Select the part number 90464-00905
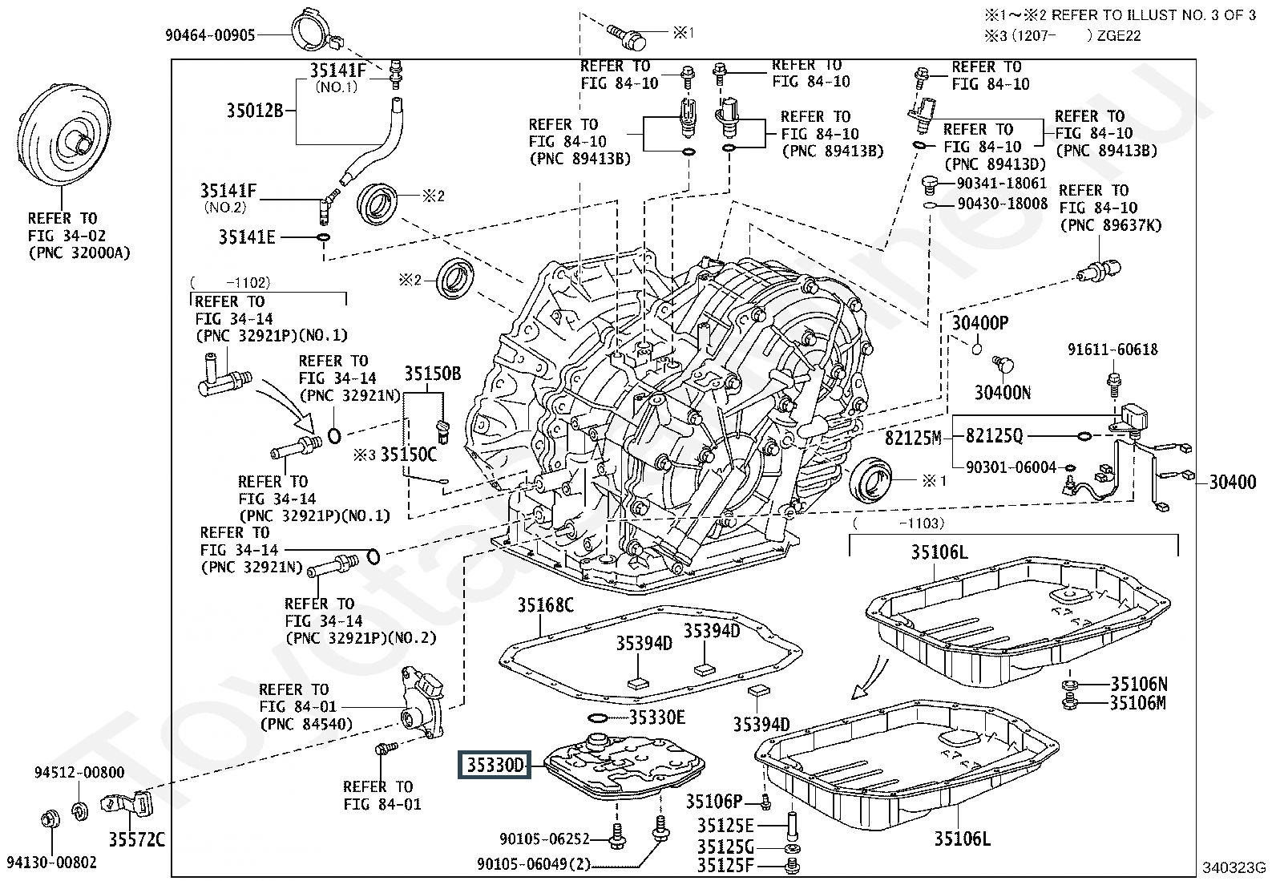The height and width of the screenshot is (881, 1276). tap(210, 35)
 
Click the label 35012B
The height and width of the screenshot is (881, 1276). tap(254, 110)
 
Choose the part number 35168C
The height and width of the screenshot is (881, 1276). tap(545, 605)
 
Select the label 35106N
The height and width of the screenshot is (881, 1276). tap(1139, 684)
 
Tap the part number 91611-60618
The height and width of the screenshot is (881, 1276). tap(1112, 350)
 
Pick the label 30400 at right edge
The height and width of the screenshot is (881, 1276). tap(1232, 483)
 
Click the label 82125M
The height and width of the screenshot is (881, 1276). tap(913, 438)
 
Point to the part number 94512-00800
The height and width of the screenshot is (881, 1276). tap(79, 773)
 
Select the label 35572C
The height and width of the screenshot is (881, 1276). tap(136, 839)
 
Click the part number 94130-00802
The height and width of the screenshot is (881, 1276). tap(51, 863)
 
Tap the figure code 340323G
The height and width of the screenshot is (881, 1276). tap(1233, 867)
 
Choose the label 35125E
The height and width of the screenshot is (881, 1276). tap(725, 826)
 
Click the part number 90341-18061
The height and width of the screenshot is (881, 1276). tap(1001, 184)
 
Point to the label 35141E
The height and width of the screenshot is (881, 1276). tap(247, 237)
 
